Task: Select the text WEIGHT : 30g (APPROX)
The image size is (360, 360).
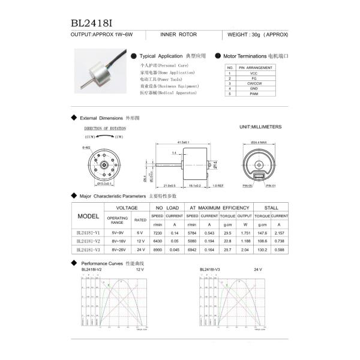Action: [256, 35]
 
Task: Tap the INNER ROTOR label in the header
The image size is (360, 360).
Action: [178, 35]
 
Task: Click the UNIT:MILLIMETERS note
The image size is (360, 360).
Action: [260, 127]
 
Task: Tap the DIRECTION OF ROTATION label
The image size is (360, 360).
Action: [106, 128]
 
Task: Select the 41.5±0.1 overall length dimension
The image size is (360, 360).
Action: [184, 142]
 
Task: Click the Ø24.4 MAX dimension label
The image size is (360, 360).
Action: [259, 142]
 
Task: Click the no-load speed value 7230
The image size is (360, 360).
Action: [157, 232]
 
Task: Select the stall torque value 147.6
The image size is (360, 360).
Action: [262, 232]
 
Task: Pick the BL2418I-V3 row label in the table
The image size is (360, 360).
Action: [89, 248]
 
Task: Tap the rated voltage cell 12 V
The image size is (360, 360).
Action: [140, 241]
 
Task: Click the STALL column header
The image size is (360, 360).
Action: [271, 207]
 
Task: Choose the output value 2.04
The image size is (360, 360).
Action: [245, 248]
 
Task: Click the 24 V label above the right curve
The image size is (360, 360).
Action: [258, 270]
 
